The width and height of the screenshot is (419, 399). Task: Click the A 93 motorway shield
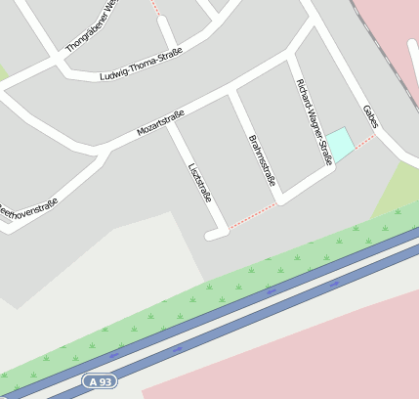click(x=100, y=380)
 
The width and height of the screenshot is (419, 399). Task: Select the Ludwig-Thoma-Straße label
click(x=141, y=64)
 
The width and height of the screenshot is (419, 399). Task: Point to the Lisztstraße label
click(x=199, y=181)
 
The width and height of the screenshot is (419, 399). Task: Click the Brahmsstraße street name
click(x=263, y=159)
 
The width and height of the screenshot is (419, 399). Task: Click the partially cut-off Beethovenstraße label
click(x=27, y=208)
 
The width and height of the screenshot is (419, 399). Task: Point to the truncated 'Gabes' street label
click(x=369, y=116)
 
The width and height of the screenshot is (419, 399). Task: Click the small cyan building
click(x=340, y=143)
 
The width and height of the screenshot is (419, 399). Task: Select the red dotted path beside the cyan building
click(x=363, y=144)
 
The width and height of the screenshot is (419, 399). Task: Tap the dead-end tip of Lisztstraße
click(x=211, y=236)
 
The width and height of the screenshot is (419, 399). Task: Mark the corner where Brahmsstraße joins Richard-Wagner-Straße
click(x=281, y=199)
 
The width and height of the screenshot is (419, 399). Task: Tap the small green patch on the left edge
click(x=3, y=73)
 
